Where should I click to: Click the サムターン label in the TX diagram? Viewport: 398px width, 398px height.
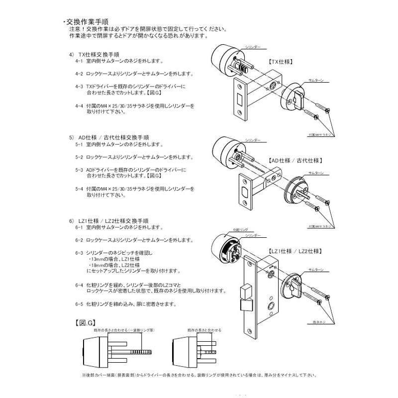tap(316, 80)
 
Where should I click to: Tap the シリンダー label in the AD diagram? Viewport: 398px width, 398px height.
tap(253, 141)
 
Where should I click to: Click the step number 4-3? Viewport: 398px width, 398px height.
tap(79, 86)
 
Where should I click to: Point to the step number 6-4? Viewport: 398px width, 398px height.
tap(79, 285)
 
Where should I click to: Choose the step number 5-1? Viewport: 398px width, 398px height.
tap(79, 144)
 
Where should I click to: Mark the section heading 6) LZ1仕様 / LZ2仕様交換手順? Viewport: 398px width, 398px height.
tap(114, 219)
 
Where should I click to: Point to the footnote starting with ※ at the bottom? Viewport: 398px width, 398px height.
tap(199, 375)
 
